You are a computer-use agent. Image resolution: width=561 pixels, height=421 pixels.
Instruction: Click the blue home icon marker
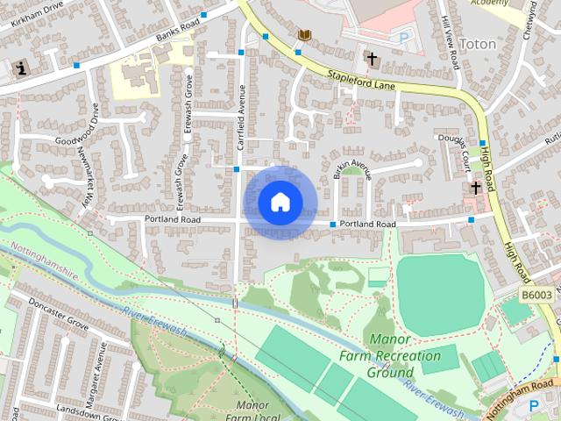tap(280, 202)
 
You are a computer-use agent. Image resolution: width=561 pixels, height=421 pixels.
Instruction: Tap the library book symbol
tap(305, 34)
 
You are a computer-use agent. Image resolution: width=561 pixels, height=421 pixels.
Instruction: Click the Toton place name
tap(478, 44)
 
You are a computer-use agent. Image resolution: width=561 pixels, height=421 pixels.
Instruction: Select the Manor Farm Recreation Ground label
tap(391, 356)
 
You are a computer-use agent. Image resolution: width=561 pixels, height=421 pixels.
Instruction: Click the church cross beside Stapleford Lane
tap(372, 59)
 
